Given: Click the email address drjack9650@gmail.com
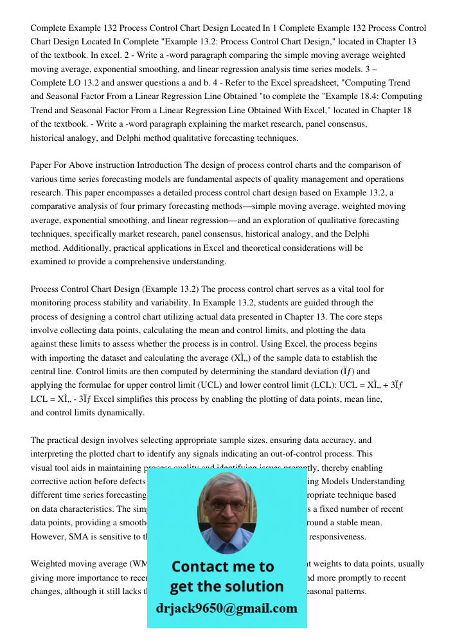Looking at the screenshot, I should (x=226, y=608).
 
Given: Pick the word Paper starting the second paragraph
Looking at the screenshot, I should (x=42, y=165).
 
